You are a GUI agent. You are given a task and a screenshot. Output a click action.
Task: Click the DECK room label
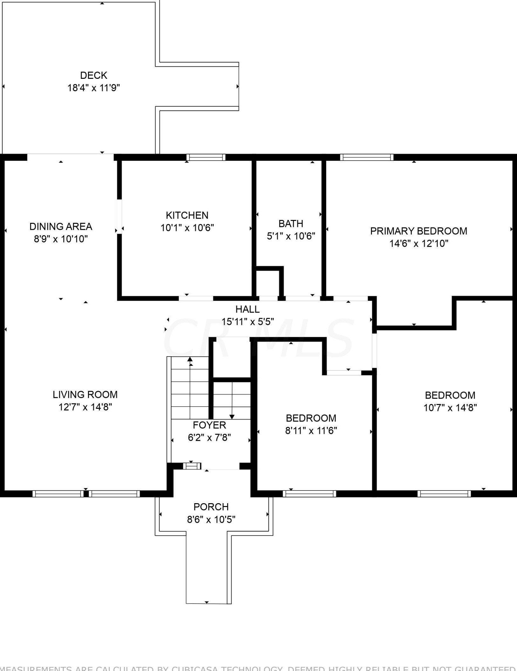point(94,75)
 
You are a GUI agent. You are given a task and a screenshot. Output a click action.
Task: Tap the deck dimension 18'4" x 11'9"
point(94,88)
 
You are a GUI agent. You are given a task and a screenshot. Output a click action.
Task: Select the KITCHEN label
point(187,215)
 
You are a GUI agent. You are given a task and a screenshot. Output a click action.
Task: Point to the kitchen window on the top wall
point(206,157)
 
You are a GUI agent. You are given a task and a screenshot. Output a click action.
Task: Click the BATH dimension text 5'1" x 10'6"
point(291,236)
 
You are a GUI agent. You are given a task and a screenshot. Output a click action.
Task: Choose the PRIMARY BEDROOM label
point(419,231)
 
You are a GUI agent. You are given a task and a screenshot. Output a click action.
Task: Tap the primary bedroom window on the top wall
point(366,157)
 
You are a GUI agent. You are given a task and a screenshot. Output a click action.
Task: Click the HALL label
point(247,309)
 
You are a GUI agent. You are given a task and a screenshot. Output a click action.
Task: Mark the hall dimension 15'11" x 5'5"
point(247,322)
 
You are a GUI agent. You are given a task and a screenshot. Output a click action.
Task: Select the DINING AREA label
point(61,226)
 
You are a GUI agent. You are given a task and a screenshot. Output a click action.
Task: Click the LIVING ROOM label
point(85,394)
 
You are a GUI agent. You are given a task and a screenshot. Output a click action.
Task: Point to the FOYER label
point(209,425)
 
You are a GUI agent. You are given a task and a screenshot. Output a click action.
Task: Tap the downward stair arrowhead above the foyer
point(232,417)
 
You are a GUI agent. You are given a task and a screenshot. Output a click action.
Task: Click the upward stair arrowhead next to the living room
point(190,359)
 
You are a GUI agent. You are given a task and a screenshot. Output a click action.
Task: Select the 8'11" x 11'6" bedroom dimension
point(311,430)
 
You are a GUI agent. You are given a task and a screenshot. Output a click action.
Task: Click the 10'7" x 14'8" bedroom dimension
point(450,407)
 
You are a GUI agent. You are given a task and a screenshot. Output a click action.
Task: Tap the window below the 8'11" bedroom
point(309,494)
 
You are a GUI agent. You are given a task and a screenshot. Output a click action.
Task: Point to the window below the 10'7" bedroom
point(444,494)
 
